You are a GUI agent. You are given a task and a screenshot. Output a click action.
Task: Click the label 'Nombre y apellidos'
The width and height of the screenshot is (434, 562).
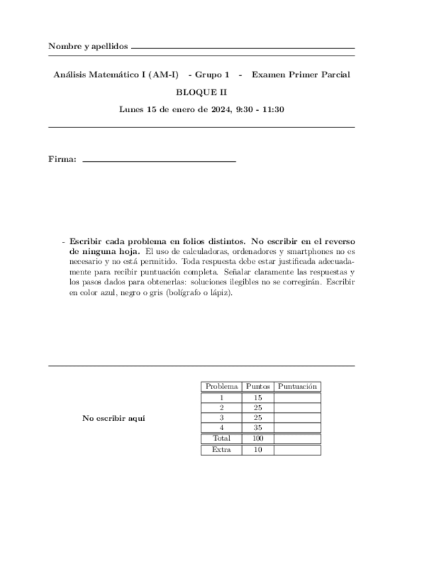pyautogui.click(x=88, y=46)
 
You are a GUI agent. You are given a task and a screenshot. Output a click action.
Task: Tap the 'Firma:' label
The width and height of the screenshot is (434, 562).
pyautogui.click(x=62, y=159)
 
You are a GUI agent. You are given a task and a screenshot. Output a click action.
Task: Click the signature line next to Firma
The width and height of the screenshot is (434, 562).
pyautogui.click(x=159, y=161)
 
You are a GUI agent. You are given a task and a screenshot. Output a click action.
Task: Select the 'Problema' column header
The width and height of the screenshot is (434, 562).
pyautogui.click(x=221, y=386)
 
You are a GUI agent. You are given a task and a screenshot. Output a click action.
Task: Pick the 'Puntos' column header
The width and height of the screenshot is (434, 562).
pyautogui.click(x=258, y=386)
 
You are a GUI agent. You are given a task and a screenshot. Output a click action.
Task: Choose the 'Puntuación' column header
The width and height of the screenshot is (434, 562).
pyautogui.click(x=298, y=386)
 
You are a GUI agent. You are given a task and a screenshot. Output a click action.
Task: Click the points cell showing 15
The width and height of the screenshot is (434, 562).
pyautogui.click(x=258, y=398)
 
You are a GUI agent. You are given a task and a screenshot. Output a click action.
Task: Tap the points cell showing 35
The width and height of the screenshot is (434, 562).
pyautogui.click(x=258, y=428)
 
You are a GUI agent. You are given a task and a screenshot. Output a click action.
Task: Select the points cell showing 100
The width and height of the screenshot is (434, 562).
pyautogui.click(x=258, y=439)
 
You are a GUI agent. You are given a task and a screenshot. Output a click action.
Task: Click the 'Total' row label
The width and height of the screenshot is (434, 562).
pyautogui.click(x=221, y=439)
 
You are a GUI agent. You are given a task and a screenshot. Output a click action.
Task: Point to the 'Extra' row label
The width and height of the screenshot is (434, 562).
pyautogui.click(x=221, y=449)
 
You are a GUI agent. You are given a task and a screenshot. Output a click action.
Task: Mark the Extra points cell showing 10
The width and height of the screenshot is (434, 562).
pyautogui.click(x=258, y=450)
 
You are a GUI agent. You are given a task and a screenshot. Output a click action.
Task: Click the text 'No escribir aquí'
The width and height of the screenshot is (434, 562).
pyautogui.click(x=113, y=418)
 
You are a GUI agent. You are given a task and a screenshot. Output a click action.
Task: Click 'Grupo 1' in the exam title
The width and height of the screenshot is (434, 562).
pyautogui.click(x=212, y=75)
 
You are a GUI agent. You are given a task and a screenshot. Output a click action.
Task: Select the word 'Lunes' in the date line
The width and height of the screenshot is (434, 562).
pyautogui.click(x=131, y=109)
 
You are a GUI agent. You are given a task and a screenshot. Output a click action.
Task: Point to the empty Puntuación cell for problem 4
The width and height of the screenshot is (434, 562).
pyautogui.click(x=297, y=428)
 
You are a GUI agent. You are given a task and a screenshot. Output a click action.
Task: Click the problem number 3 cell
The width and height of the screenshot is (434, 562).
pyautogui.click(x=221, y=418)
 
